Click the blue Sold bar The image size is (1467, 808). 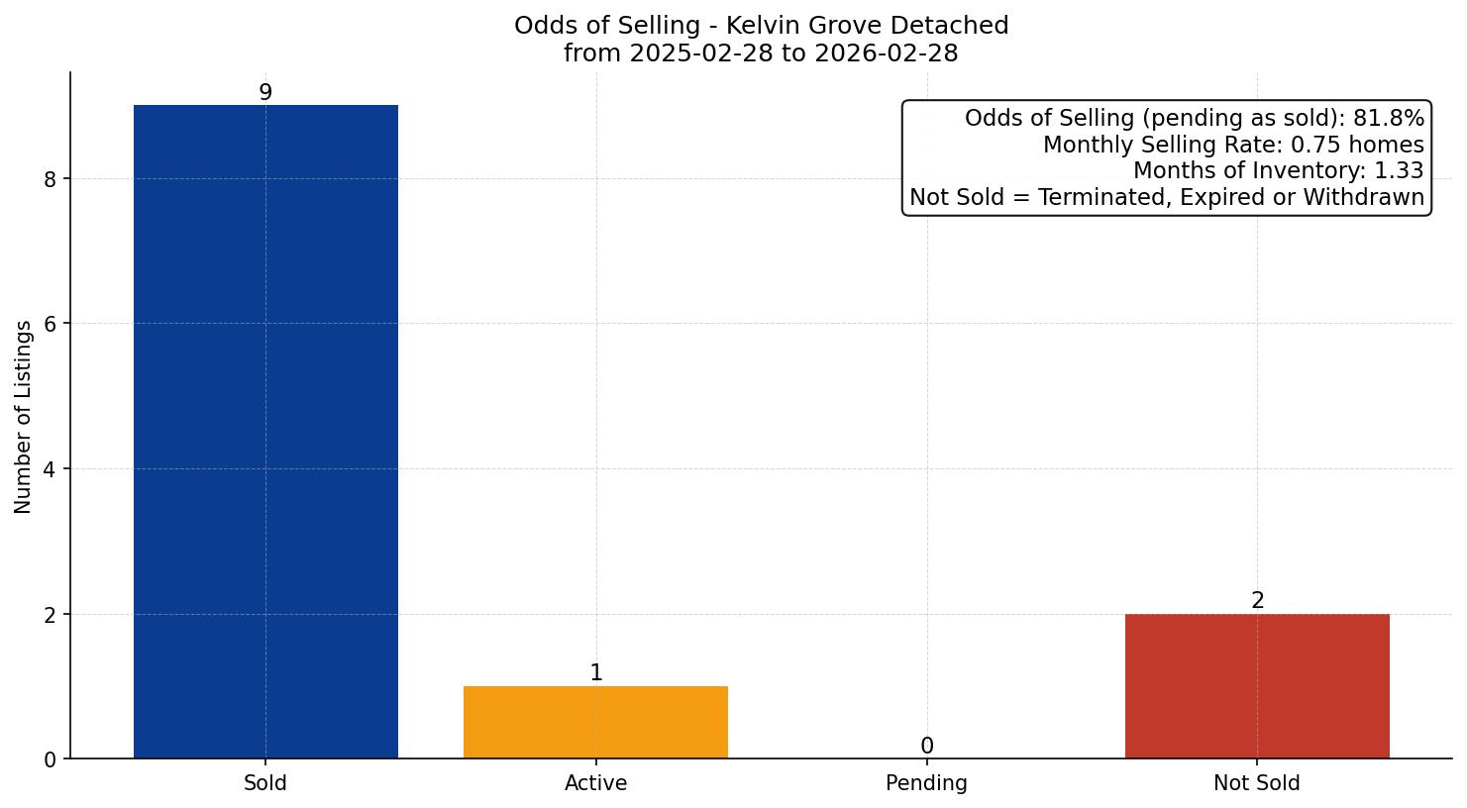pos(265,432)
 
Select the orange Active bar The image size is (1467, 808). pos(595,722)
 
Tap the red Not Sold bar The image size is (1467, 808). pos(1257,686)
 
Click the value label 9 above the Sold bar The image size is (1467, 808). pos(265,92)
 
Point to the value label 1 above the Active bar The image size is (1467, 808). pos(596,673)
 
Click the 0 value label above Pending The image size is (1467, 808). pos(927,747)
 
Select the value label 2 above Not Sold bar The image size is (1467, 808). pos(1258,601)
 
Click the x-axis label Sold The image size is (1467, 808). pos(265,783)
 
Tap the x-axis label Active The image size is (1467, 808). pos(595,783)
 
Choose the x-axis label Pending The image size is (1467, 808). pos(926,783)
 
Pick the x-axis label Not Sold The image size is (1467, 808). pos(1257,783)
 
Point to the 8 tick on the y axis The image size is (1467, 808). pos(51,179)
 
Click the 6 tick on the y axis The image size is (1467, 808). pos(51,324)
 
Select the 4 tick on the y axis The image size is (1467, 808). pos(51,469)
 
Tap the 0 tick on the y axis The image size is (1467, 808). pos(51,759)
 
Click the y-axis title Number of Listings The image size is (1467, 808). pos(24,416)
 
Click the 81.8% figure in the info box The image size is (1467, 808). pos(1389,119)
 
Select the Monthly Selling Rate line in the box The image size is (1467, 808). pos(1233,146)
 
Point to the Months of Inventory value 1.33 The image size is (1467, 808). pos(1399,171)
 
